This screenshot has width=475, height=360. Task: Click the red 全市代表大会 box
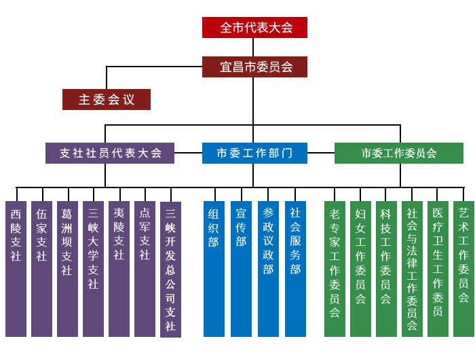[x=254, y=28]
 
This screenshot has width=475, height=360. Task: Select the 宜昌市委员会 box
[x=254, y=67]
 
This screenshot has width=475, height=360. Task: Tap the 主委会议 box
[x=107, y=99]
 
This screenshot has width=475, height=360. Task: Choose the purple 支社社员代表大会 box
[x=110, y=153]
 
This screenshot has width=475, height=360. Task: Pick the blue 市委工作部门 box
[x=254, y=153]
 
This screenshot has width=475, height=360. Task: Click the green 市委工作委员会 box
[x=399, y=153]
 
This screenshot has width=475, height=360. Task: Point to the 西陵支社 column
[x=16, y=269]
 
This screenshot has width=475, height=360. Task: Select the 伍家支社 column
[x=41, y=269]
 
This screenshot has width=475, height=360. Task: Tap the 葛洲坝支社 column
[x=67, y=269]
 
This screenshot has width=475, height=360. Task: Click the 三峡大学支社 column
[x=94, y=269]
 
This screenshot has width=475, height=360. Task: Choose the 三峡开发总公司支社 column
[x=170, y=269]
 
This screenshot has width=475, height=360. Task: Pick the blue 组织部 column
[x=214, y=269]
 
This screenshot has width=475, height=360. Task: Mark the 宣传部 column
[x=241, y=269]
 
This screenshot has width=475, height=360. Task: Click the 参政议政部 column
[x=268, y=269]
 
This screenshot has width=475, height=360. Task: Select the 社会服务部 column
[x=295, y=269]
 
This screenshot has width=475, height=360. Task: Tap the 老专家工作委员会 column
[x=335, y=269]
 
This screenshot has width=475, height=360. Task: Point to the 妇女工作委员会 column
[x=360, y=269]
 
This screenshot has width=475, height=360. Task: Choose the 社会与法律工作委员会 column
[x=412, y=269]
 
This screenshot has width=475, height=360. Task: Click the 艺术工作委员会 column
[x=463, y=269]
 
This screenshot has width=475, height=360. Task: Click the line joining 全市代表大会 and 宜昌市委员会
[x=253, y=48]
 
